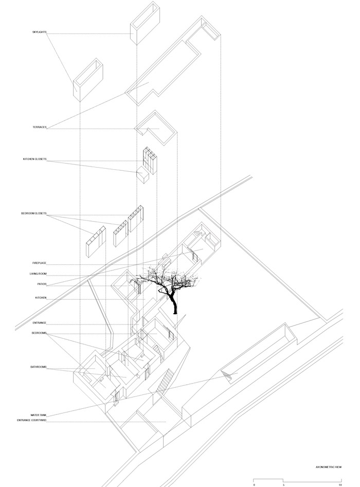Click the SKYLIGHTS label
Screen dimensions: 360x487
39,32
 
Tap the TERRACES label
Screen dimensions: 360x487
40,128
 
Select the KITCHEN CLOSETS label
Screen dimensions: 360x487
34,159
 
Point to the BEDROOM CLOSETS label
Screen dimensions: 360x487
33,214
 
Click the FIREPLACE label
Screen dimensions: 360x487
39,263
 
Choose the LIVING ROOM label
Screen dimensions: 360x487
38,274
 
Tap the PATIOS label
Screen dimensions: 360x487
42,284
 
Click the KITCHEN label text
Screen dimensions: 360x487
41,298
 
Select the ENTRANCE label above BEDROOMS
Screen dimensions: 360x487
40,323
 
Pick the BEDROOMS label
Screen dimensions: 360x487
39,333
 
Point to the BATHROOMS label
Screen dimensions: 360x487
38,367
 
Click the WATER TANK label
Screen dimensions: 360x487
38,415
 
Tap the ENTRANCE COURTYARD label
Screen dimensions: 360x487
31,421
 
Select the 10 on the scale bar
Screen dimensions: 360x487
340,485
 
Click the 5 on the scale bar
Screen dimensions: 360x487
283,485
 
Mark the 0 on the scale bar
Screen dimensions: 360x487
254,485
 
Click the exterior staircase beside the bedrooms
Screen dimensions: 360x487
165,380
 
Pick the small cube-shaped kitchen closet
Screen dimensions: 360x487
143,176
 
